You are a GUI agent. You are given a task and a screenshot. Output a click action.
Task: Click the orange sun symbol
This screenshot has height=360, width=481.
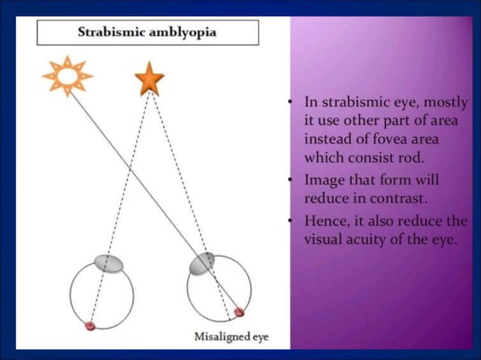click(66, 75)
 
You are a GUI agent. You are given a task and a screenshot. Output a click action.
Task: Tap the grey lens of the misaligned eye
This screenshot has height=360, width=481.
click(201, 262)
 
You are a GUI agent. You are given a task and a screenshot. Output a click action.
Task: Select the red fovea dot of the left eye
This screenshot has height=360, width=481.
click(90, 325)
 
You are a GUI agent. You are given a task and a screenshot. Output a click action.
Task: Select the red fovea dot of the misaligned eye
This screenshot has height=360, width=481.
click(239, 312)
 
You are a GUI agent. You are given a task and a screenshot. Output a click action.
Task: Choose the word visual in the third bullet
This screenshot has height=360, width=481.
click(324, 240)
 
